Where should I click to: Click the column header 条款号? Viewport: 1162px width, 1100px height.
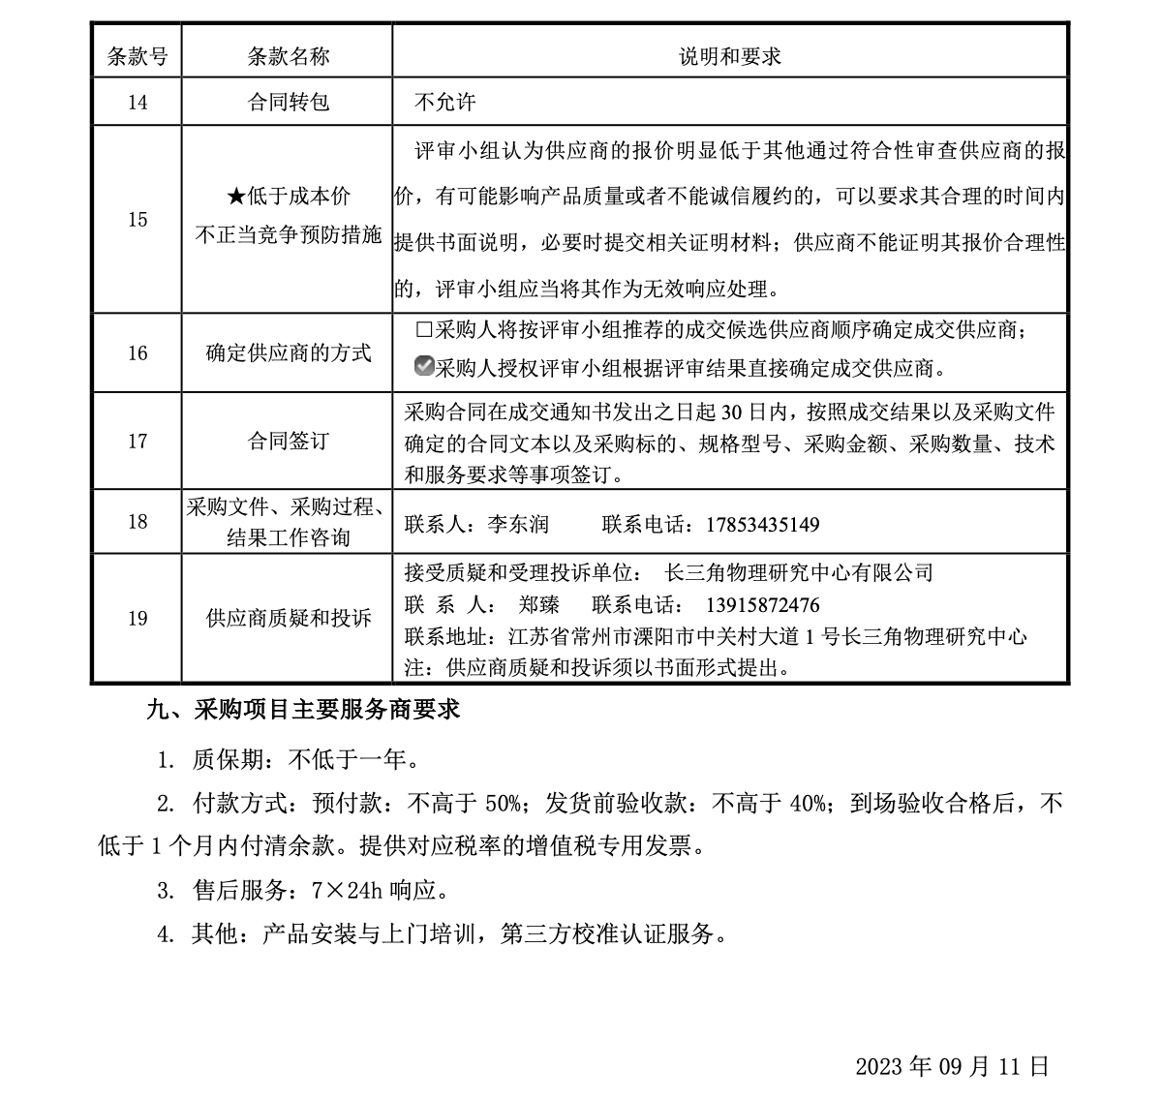click(137, 56)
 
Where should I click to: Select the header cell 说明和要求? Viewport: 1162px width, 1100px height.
click(729, 56)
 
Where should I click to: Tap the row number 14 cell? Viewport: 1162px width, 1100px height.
click(137, 102)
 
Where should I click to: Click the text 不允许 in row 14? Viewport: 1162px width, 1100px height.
click(444, 102)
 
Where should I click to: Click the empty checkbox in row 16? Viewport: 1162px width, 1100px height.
click(423, 329)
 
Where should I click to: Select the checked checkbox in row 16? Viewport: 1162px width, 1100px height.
click(423, 367)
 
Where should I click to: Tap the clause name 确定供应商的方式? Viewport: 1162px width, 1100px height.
click(288, 353)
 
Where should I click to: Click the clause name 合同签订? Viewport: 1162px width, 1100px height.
click(288, 442)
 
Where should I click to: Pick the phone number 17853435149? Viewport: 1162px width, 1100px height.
click(763, 525)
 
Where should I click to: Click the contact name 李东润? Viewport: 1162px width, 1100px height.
click(517, 525)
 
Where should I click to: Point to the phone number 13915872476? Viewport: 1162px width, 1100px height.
click(763, 605)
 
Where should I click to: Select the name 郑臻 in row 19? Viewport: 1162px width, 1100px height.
click(538, 605)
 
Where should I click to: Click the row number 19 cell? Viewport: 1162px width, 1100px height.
click(137, 618)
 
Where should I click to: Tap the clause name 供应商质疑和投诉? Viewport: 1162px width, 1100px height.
click(288, 618)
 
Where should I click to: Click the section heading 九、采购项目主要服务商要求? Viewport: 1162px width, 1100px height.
click(302, 710)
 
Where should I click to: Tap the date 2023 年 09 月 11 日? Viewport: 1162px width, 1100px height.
click(952, 1066)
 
